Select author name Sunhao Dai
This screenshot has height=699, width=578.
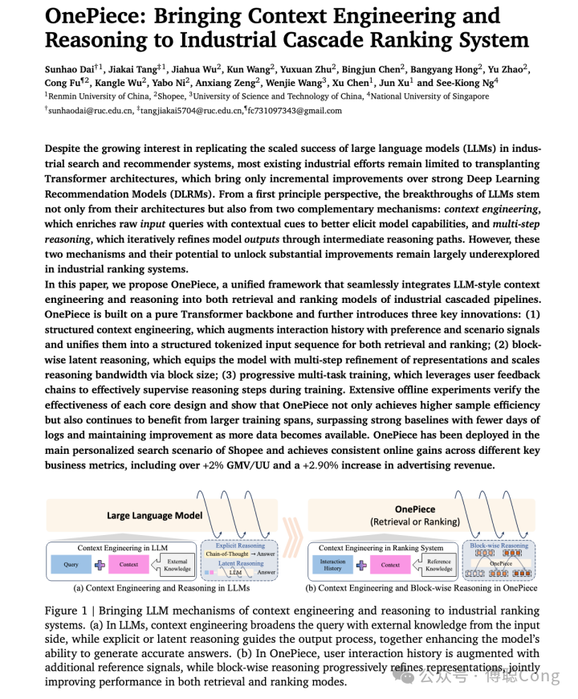[x=70, y=71]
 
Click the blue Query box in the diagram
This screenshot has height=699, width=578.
[x=71, y=564]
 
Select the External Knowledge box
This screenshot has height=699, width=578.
[x=177, y=565]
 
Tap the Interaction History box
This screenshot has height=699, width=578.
[x=332, y=565]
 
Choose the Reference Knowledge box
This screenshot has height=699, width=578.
[x=439, y=565]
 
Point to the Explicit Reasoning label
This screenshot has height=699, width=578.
[x=240, y=546]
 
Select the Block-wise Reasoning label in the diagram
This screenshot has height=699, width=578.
[x=499, y=546]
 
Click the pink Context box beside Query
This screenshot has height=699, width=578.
[x=129, y=564]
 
